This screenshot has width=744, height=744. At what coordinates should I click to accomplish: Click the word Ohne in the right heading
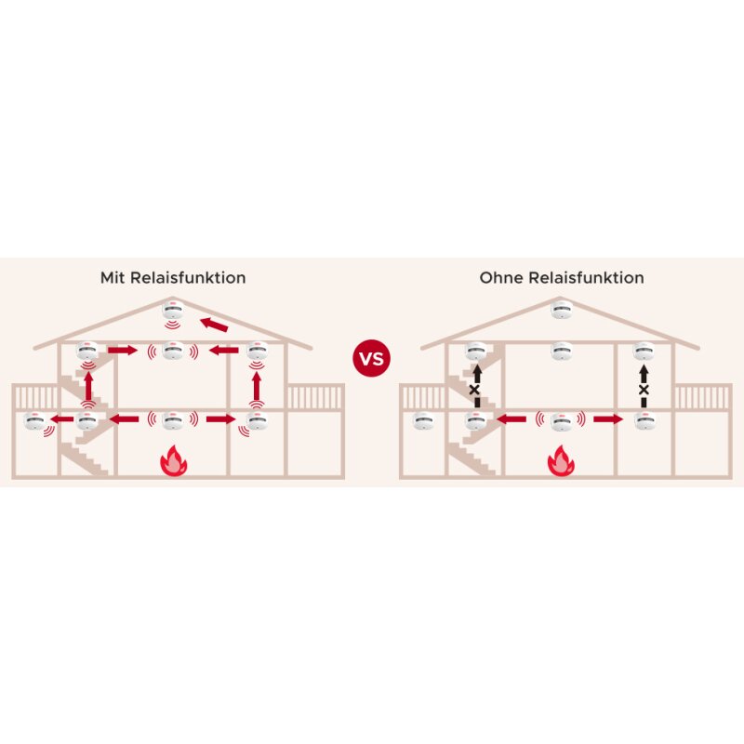[x=500, y=277]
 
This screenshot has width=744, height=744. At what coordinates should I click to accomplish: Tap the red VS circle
[x=371, y=358]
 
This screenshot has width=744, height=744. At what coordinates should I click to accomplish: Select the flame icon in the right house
[x=560, y=461]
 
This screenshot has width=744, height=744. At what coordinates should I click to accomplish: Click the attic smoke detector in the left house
[x=172, y=310]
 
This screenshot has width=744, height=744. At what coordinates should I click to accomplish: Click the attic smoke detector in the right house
[x=560, y=310]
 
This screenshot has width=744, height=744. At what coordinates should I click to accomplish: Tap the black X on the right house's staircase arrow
[x=474, y=390]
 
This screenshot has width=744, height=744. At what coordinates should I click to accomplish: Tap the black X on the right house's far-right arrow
[x=643, y=390]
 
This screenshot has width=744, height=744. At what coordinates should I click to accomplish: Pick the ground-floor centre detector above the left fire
[x=172, y=420]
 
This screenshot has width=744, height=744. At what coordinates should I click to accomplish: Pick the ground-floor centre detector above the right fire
[x=560, y=420]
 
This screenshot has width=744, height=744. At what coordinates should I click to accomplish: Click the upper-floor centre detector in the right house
[x=560, y=351]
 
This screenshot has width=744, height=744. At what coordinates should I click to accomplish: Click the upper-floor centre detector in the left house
[x=172, y=351]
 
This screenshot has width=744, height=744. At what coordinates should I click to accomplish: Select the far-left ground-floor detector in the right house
[x=424, y=420]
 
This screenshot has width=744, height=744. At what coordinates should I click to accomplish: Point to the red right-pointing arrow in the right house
[x=605, y=420]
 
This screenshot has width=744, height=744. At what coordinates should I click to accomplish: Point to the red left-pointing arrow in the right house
[x=511, y=420]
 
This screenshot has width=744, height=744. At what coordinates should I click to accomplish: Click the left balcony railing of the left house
[x=33, y=397]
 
